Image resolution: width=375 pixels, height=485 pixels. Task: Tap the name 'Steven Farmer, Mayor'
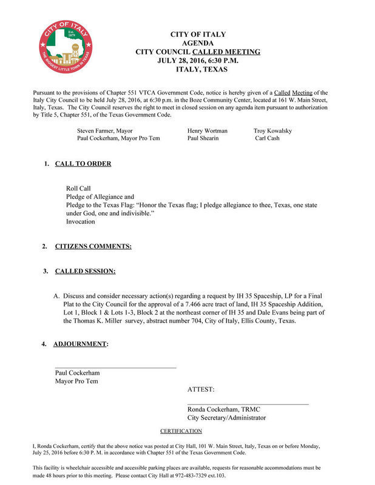click(105, 130)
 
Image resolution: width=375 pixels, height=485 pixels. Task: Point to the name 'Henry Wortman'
click(208, 130)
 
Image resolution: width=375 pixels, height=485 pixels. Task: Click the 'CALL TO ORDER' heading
click(83, 164)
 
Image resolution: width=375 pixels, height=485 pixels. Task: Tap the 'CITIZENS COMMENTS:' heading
click(93, 246)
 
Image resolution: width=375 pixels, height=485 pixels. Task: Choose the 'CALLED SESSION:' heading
click(86, 270)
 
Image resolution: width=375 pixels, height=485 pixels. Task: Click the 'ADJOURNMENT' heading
click(80, 344)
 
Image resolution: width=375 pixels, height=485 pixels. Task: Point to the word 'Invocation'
click(81, 222)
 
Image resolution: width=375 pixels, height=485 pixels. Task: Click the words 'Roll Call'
click(78, 189)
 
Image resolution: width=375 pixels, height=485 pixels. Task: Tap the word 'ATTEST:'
click(201, 390)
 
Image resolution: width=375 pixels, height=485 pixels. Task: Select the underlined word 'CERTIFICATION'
click(181, 431)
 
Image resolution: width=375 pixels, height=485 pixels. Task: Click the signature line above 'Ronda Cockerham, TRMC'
click(248, 404)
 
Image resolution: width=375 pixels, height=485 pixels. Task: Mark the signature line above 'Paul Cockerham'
click(115, 367)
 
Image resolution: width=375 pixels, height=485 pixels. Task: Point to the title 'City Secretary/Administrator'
click(226, 418)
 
